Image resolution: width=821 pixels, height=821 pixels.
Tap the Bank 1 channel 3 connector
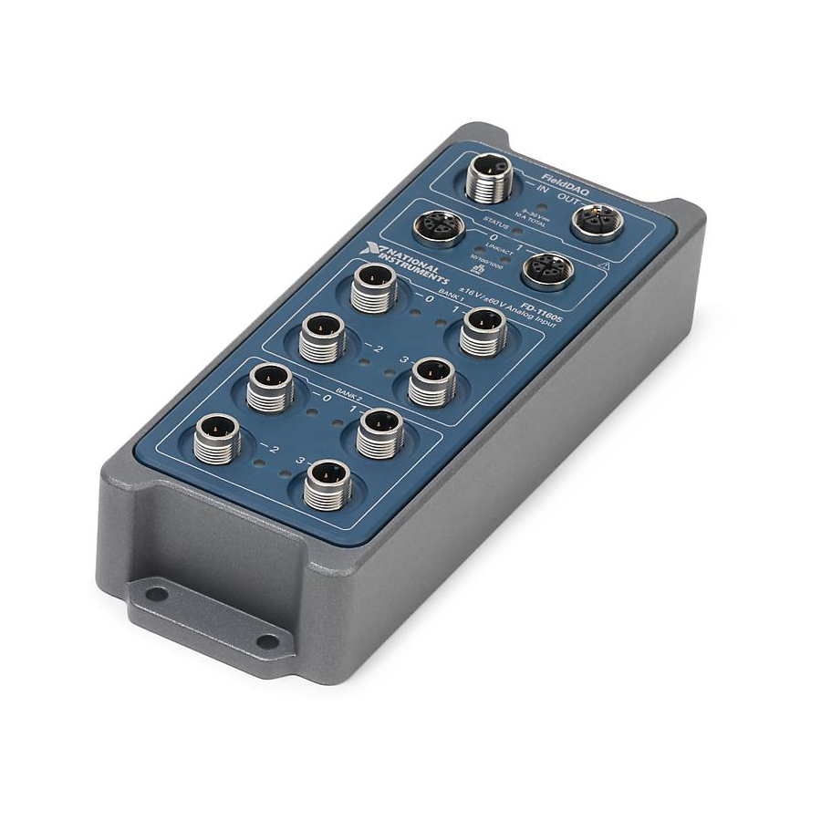pos(431,381)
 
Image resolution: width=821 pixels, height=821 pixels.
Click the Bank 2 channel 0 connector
pos(271,386)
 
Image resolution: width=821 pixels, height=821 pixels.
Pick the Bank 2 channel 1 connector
pos(379,433)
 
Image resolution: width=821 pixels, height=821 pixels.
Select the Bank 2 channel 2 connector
pos(218,438)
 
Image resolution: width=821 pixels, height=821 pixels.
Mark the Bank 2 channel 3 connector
pos(327,483)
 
